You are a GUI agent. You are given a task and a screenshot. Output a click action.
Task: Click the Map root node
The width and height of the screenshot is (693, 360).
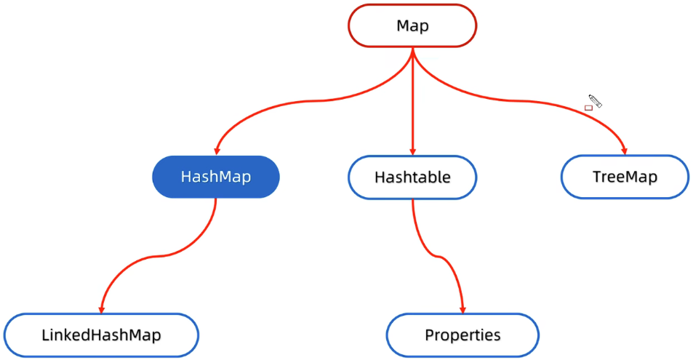point(412,25)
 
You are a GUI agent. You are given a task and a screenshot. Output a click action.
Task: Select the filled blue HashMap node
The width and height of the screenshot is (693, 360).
point(216,177)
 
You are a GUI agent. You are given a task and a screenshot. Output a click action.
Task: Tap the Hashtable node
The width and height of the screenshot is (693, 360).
point(412,177)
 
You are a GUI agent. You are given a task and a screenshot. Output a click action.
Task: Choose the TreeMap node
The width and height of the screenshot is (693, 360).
point(625,177)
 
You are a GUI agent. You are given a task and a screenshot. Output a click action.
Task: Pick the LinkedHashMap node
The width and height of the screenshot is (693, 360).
point(101,335)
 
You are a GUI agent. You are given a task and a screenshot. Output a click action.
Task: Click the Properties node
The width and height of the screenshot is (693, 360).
point(462,335)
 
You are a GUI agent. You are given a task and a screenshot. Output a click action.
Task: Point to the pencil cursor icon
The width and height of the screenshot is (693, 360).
point(596,101)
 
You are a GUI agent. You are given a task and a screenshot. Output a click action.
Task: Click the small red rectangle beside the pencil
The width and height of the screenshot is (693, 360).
point(588,108)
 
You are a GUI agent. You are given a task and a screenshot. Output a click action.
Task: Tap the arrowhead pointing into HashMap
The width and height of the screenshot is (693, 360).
point(217,151)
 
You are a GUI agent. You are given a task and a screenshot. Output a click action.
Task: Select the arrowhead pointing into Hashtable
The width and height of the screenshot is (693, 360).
point(412,151)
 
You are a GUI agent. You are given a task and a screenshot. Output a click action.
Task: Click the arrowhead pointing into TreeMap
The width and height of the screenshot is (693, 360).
point(624,151)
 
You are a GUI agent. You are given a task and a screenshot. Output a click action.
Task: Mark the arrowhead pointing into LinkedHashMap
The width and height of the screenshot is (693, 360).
point(102,309)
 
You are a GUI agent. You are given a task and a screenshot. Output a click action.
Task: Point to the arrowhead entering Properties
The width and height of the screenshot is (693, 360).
point(462,309)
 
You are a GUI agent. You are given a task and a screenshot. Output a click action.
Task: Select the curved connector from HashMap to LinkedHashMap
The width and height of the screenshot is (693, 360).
point(159,256)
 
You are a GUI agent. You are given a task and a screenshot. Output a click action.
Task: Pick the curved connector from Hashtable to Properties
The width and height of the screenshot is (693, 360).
point(438,255)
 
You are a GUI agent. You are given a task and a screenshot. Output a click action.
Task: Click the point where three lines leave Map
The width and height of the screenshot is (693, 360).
point(412,49)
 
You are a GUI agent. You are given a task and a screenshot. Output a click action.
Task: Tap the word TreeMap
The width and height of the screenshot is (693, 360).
point(625,177)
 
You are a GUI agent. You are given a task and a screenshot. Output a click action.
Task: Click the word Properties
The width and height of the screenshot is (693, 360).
point(462,335)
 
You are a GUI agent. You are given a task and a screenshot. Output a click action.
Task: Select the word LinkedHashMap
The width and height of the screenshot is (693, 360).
point(101,335)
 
